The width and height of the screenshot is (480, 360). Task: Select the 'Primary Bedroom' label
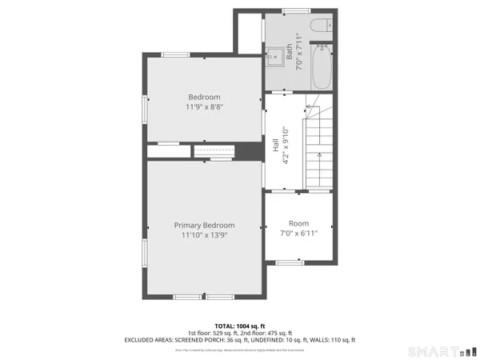205,226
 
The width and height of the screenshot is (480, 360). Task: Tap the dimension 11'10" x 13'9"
205,235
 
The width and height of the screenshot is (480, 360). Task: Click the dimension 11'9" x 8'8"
205,106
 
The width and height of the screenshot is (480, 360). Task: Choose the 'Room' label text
299,223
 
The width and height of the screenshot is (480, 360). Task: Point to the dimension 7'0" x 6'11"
299,233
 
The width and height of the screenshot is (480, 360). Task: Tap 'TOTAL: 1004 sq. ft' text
240,326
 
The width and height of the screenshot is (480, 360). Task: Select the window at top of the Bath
296,10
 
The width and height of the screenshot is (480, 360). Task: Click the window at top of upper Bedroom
175,55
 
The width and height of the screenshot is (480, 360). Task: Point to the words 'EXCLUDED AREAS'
149,340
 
